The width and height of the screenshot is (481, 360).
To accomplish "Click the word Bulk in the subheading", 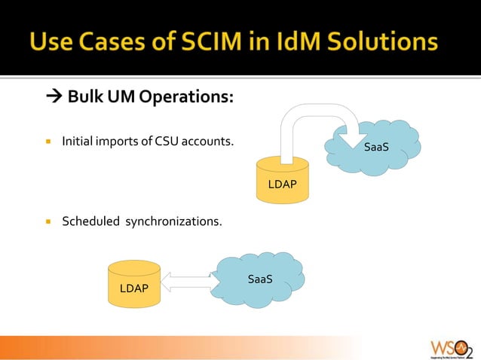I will click(x=84, y=97).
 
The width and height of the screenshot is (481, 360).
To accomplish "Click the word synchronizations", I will click(x=173, y=221).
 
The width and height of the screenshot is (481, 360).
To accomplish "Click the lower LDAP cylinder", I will click(x=133, y=284).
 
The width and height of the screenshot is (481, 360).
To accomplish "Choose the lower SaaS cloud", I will click(x=259, y=279).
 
